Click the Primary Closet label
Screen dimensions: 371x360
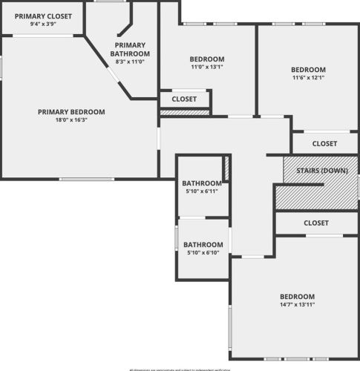(x=44, y=16)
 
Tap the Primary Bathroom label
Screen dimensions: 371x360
(x=130, y=49)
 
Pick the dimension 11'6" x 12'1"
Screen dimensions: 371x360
(x=308, y=78)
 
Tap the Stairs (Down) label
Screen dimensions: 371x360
(x=321, y=171)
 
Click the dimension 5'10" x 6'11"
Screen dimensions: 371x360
(x=202, y=191)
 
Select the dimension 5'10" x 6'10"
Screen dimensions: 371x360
(x=203, y=253)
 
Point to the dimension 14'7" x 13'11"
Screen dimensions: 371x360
(x=297, y=304)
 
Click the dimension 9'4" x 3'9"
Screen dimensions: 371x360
(x=44, y=24)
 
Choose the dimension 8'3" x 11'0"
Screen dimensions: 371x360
(x=130, y=62)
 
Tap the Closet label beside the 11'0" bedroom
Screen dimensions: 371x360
(x=184, y=99)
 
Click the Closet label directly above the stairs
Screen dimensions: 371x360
(x=324, y=144)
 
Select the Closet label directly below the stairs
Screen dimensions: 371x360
(x=316, y=223)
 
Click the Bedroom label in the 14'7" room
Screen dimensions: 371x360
(x=297, y=296)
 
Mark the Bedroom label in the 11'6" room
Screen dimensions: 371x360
(x=308, y=70)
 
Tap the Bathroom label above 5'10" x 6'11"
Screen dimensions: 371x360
(x=202, y=183)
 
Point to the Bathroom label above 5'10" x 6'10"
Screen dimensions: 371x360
(x=203, y=245)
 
